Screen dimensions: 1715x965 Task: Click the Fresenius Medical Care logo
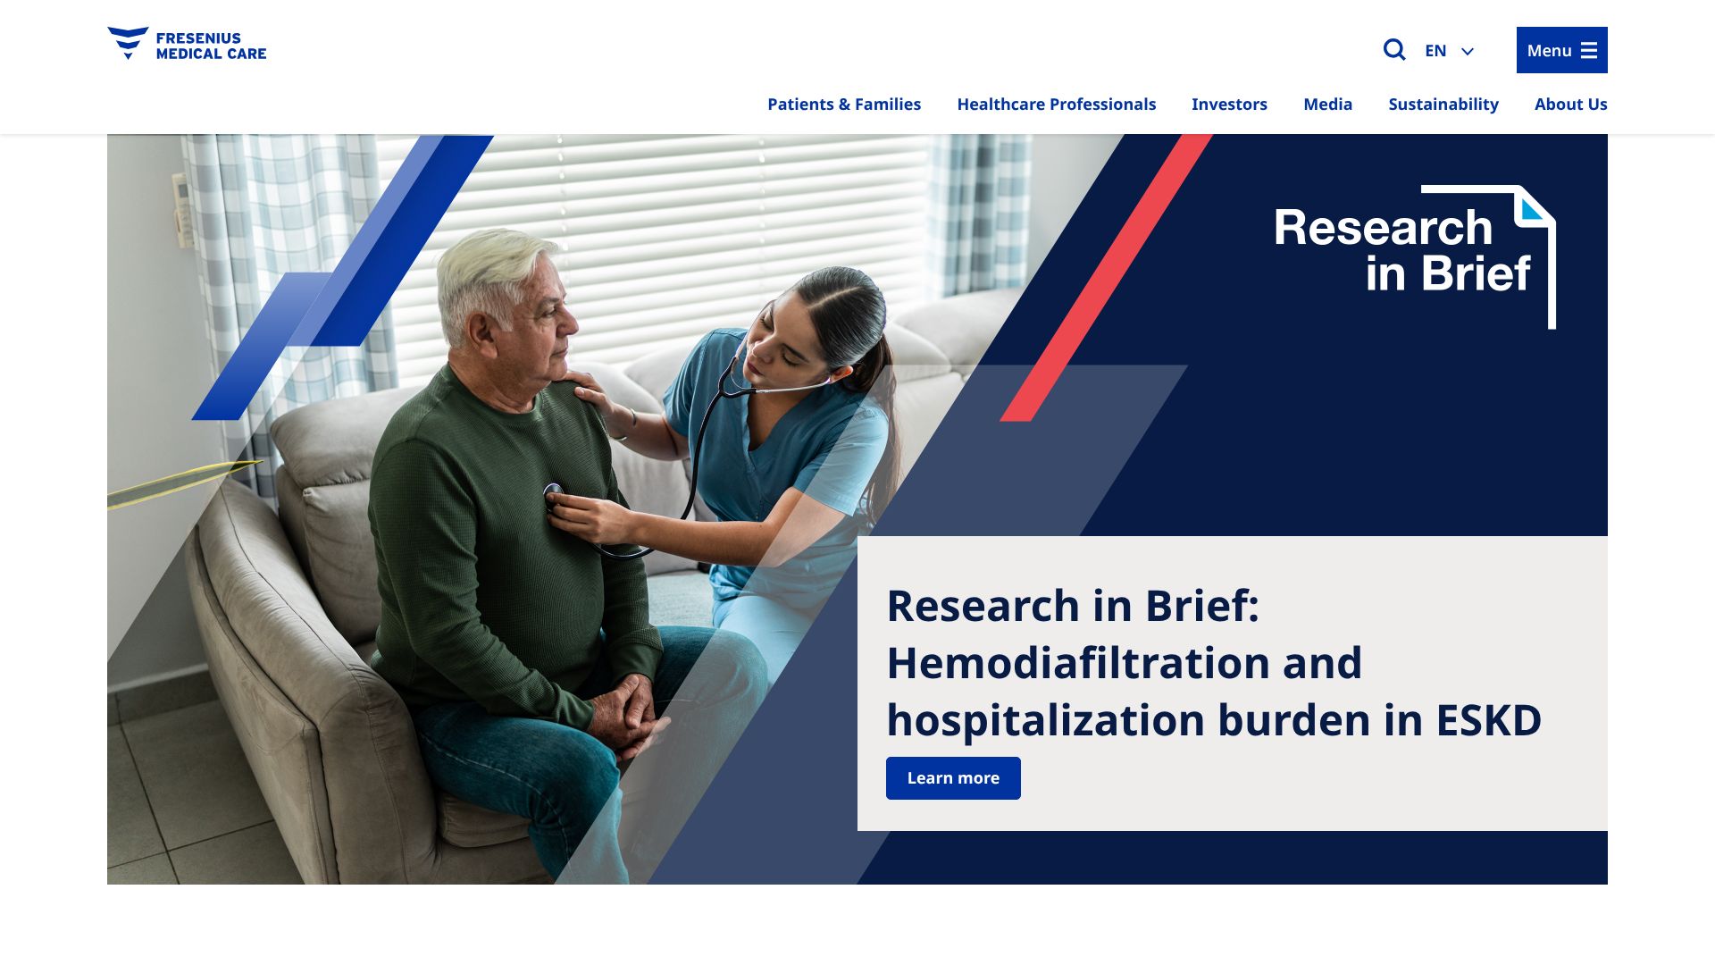187,45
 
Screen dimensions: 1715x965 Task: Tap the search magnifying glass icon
1394,50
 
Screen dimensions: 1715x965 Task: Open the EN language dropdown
1449,51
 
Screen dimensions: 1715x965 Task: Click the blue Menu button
1561,50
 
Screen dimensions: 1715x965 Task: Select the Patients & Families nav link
844,105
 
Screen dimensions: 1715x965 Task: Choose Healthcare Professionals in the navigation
1057,105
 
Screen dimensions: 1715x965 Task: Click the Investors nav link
1229,105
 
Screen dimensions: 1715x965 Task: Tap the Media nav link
1327,105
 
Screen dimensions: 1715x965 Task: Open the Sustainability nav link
1443,105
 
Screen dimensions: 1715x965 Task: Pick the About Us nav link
1570,105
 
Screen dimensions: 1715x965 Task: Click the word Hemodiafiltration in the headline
1078,663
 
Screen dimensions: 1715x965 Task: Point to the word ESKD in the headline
1489,720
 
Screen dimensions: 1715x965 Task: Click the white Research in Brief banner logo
1415,256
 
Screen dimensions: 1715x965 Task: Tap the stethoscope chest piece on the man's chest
553,493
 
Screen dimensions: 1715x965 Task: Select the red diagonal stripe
1106,278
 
